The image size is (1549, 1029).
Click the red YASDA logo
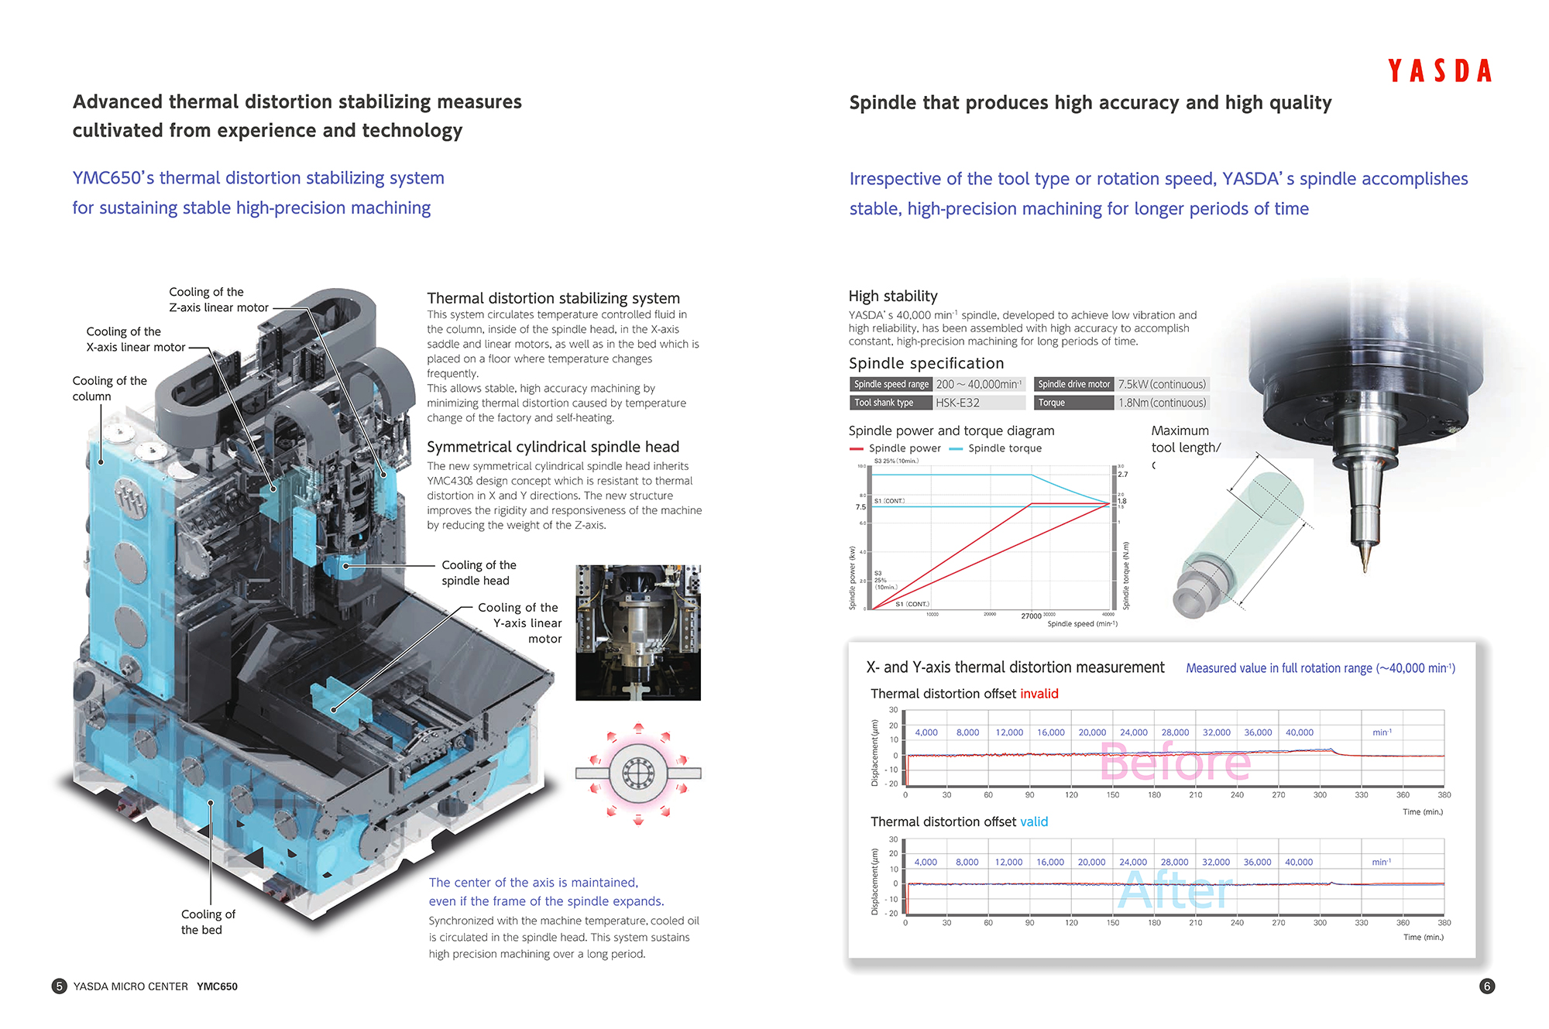1439,71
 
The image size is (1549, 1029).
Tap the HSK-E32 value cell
957,403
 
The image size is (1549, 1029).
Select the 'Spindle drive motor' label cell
1073,384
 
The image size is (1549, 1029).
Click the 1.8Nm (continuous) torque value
1162,403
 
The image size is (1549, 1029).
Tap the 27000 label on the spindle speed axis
1031,616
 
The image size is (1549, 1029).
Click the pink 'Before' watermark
1174,762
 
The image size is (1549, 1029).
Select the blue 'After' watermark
1175,890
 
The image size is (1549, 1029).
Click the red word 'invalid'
1039,694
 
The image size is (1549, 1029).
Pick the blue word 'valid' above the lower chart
1033,821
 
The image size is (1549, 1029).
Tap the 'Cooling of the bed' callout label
208,922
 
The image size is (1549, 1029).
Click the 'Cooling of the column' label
109,389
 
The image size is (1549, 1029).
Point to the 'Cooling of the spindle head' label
478,573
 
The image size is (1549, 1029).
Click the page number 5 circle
59,986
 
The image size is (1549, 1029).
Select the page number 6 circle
1486,986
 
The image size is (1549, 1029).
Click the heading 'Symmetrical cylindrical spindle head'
552,447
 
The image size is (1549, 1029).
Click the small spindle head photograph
637,633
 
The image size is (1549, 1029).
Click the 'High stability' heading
892,296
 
